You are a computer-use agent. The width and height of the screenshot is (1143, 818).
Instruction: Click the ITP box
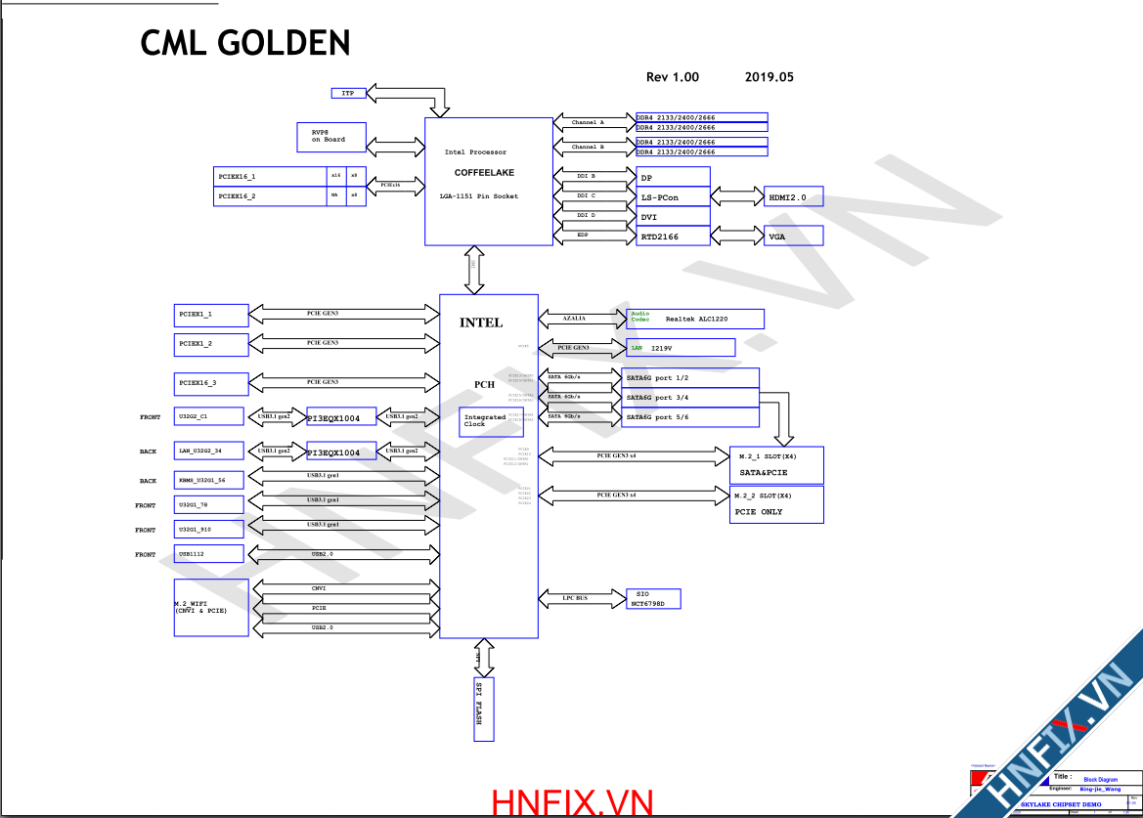coord(348,93)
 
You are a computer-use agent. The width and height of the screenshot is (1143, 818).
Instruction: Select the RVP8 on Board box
coord(332,138)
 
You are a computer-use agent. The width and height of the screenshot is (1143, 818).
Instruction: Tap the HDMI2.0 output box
coord(793,196)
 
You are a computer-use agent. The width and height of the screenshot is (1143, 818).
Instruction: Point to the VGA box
coord(793,236)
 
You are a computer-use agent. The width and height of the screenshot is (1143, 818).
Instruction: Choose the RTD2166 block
coord(673,236)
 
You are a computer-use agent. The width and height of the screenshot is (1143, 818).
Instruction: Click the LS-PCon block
coord(673,197)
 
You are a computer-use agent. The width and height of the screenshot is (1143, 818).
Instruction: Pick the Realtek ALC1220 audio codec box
coord(694,319)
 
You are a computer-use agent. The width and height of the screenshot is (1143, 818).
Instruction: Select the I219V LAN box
coord(680,347)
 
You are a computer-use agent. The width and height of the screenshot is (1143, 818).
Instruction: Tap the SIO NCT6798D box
coord(653,598)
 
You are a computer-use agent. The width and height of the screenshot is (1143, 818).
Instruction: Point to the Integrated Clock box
coord(486,421)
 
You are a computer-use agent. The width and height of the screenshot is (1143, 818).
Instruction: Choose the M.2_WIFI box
coord(211,607)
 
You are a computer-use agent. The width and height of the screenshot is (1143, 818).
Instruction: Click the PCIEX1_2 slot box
coord(210,344)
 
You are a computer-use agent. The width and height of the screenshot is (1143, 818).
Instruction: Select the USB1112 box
coord(208,554)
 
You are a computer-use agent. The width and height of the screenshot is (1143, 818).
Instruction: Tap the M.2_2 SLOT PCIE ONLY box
coord(776,504)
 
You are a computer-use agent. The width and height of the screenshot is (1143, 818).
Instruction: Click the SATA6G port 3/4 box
coord(690,398)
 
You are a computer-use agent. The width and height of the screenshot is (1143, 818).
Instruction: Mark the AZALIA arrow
coord(582,319)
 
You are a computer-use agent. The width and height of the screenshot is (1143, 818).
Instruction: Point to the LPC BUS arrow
coord(582,597)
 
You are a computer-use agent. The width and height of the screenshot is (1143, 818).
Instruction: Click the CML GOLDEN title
coord(245,43)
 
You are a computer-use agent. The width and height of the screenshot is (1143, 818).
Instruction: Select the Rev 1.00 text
coord(673,77)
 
